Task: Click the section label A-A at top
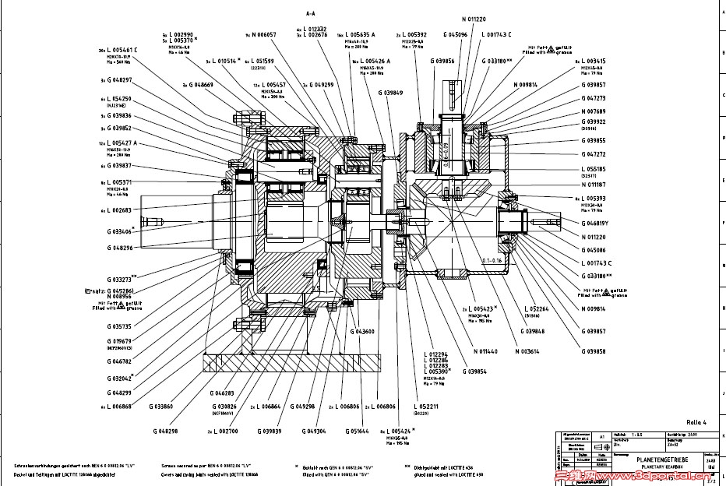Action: pos(310,13)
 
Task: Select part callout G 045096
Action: pos(455,35)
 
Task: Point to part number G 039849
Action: pos(391,93)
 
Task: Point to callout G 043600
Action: pos(362,331)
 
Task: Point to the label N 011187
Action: pos(594,185)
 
